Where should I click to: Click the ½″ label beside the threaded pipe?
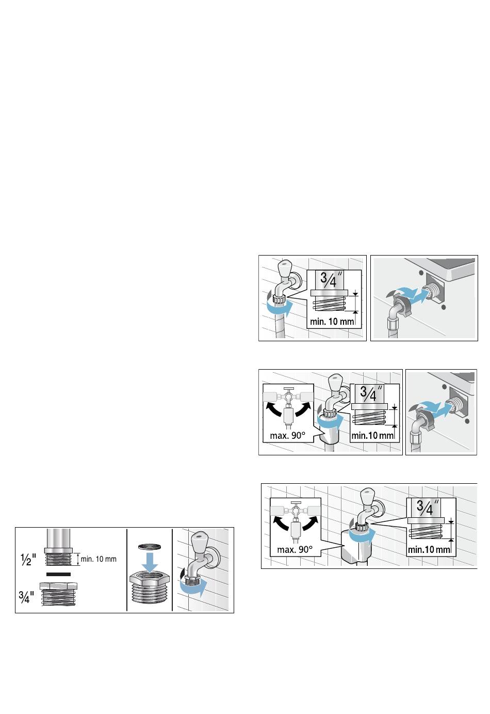(28, 560)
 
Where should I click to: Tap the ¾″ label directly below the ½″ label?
(26, 596)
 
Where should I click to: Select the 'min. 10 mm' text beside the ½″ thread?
(99, 559)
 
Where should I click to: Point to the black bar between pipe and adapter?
(58, 574)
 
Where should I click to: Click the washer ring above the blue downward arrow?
(150, 547)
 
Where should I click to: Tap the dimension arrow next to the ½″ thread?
(78, 559)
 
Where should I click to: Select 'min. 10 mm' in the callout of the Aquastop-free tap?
(332, 321)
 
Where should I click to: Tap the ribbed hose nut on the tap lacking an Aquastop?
(280, 299)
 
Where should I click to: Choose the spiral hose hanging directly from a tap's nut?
(279, 320)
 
